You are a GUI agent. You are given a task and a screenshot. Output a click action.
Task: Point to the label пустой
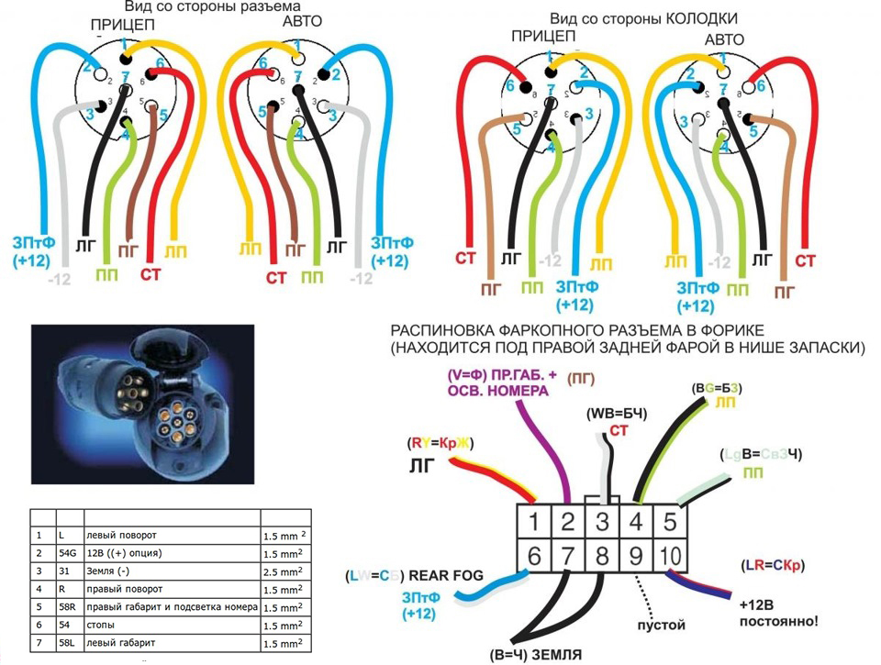pyautogui.click(x=661, y=625)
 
